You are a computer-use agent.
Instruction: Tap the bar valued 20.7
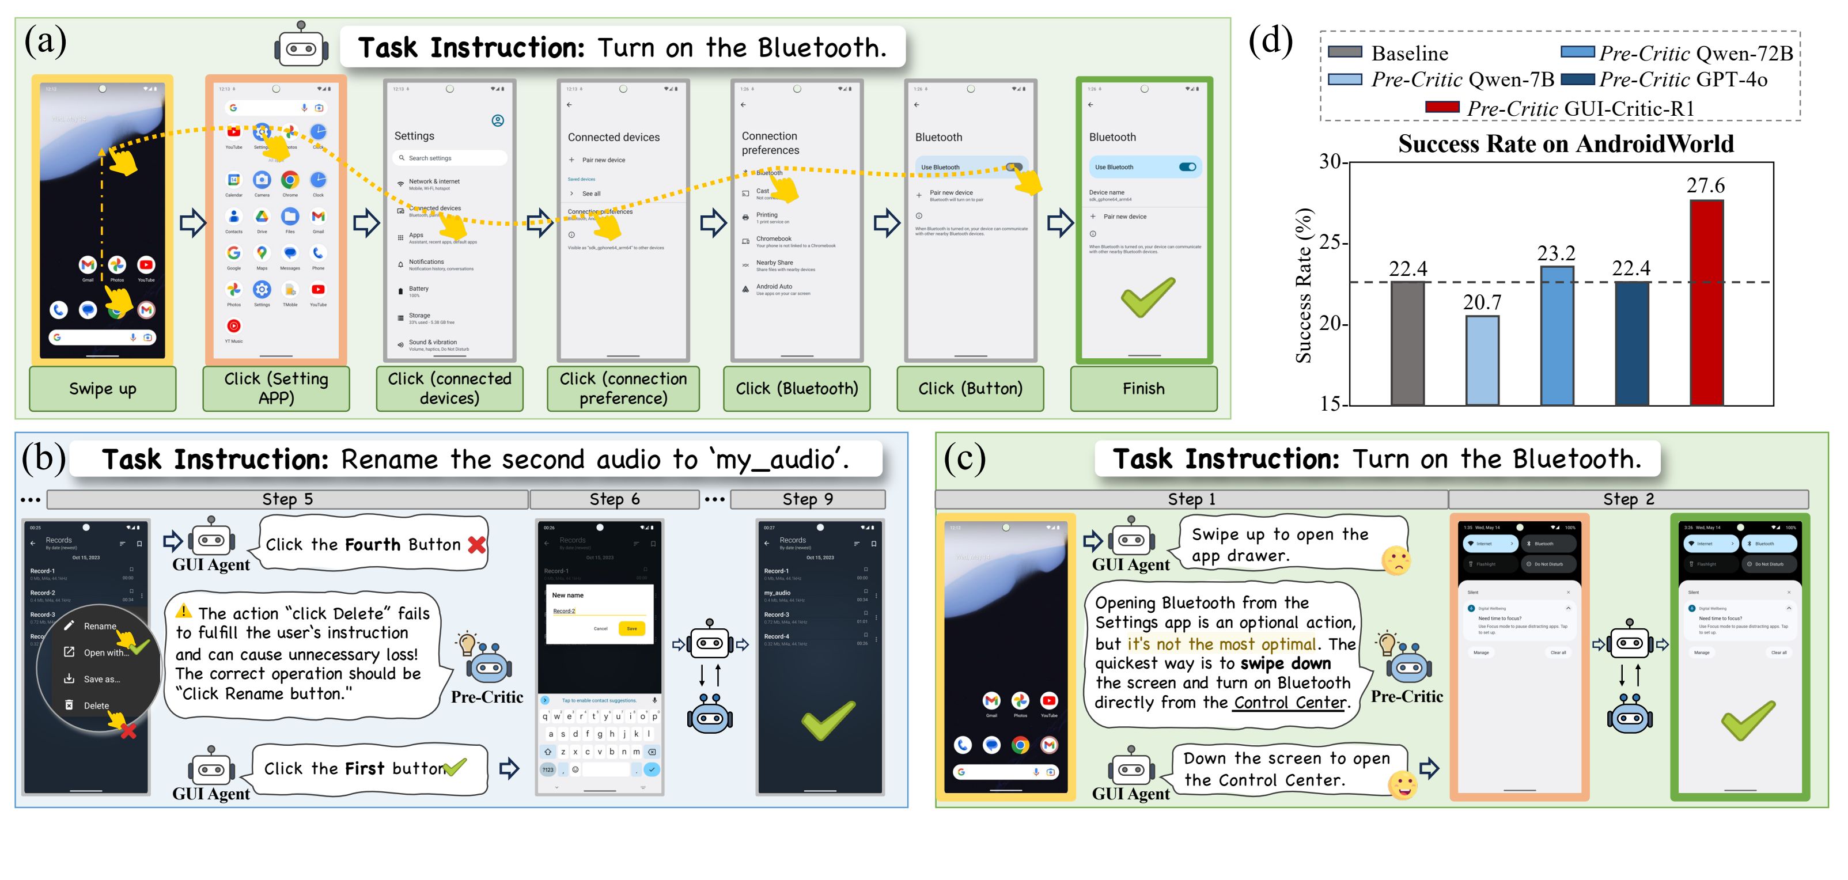tap(1482, 360)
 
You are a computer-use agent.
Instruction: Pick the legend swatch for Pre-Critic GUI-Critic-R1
tap(1442, 108)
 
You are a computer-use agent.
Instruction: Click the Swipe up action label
tap(103, 389)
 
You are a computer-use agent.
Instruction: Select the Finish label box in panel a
tap(1143, 389)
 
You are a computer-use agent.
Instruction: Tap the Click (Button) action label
tap(970, 389)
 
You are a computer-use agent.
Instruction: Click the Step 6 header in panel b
tap(614, 499)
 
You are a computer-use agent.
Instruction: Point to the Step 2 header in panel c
tap(1629, 499)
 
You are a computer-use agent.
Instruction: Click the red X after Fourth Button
tap(476, 545)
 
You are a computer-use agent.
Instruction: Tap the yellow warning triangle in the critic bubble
tap(184, 611)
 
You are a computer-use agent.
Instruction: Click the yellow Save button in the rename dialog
tap(631, 628)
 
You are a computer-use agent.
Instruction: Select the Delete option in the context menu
tap(96, 705)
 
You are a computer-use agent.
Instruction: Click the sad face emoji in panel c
tap(1395, 560)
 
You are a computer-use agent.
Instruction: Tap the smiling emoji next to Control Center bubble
tap(1403, 784)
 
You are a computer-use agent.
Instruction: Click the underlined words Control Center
tap(1289, 703)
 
